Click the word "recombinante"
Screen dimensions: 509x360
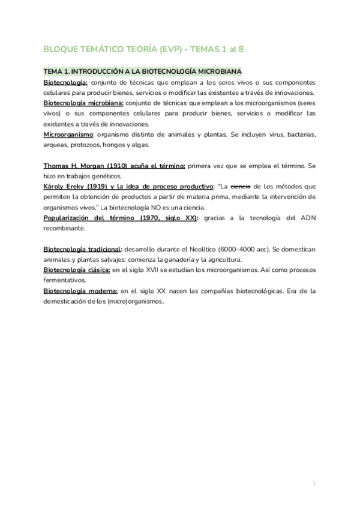tap(65, 229)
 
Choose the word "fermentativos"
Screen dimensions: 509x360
tap(65, 280)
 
